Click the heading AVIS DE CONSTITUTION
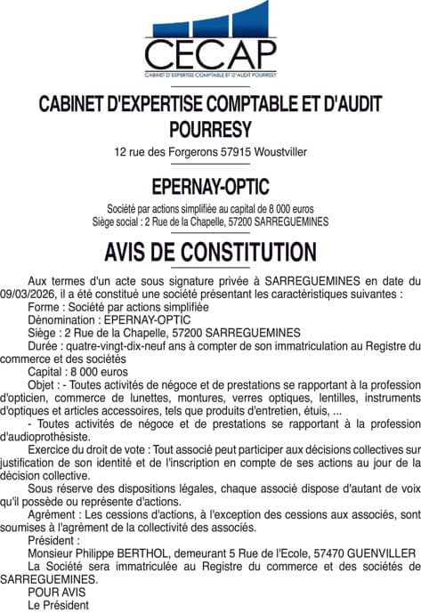click(210, 250)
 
